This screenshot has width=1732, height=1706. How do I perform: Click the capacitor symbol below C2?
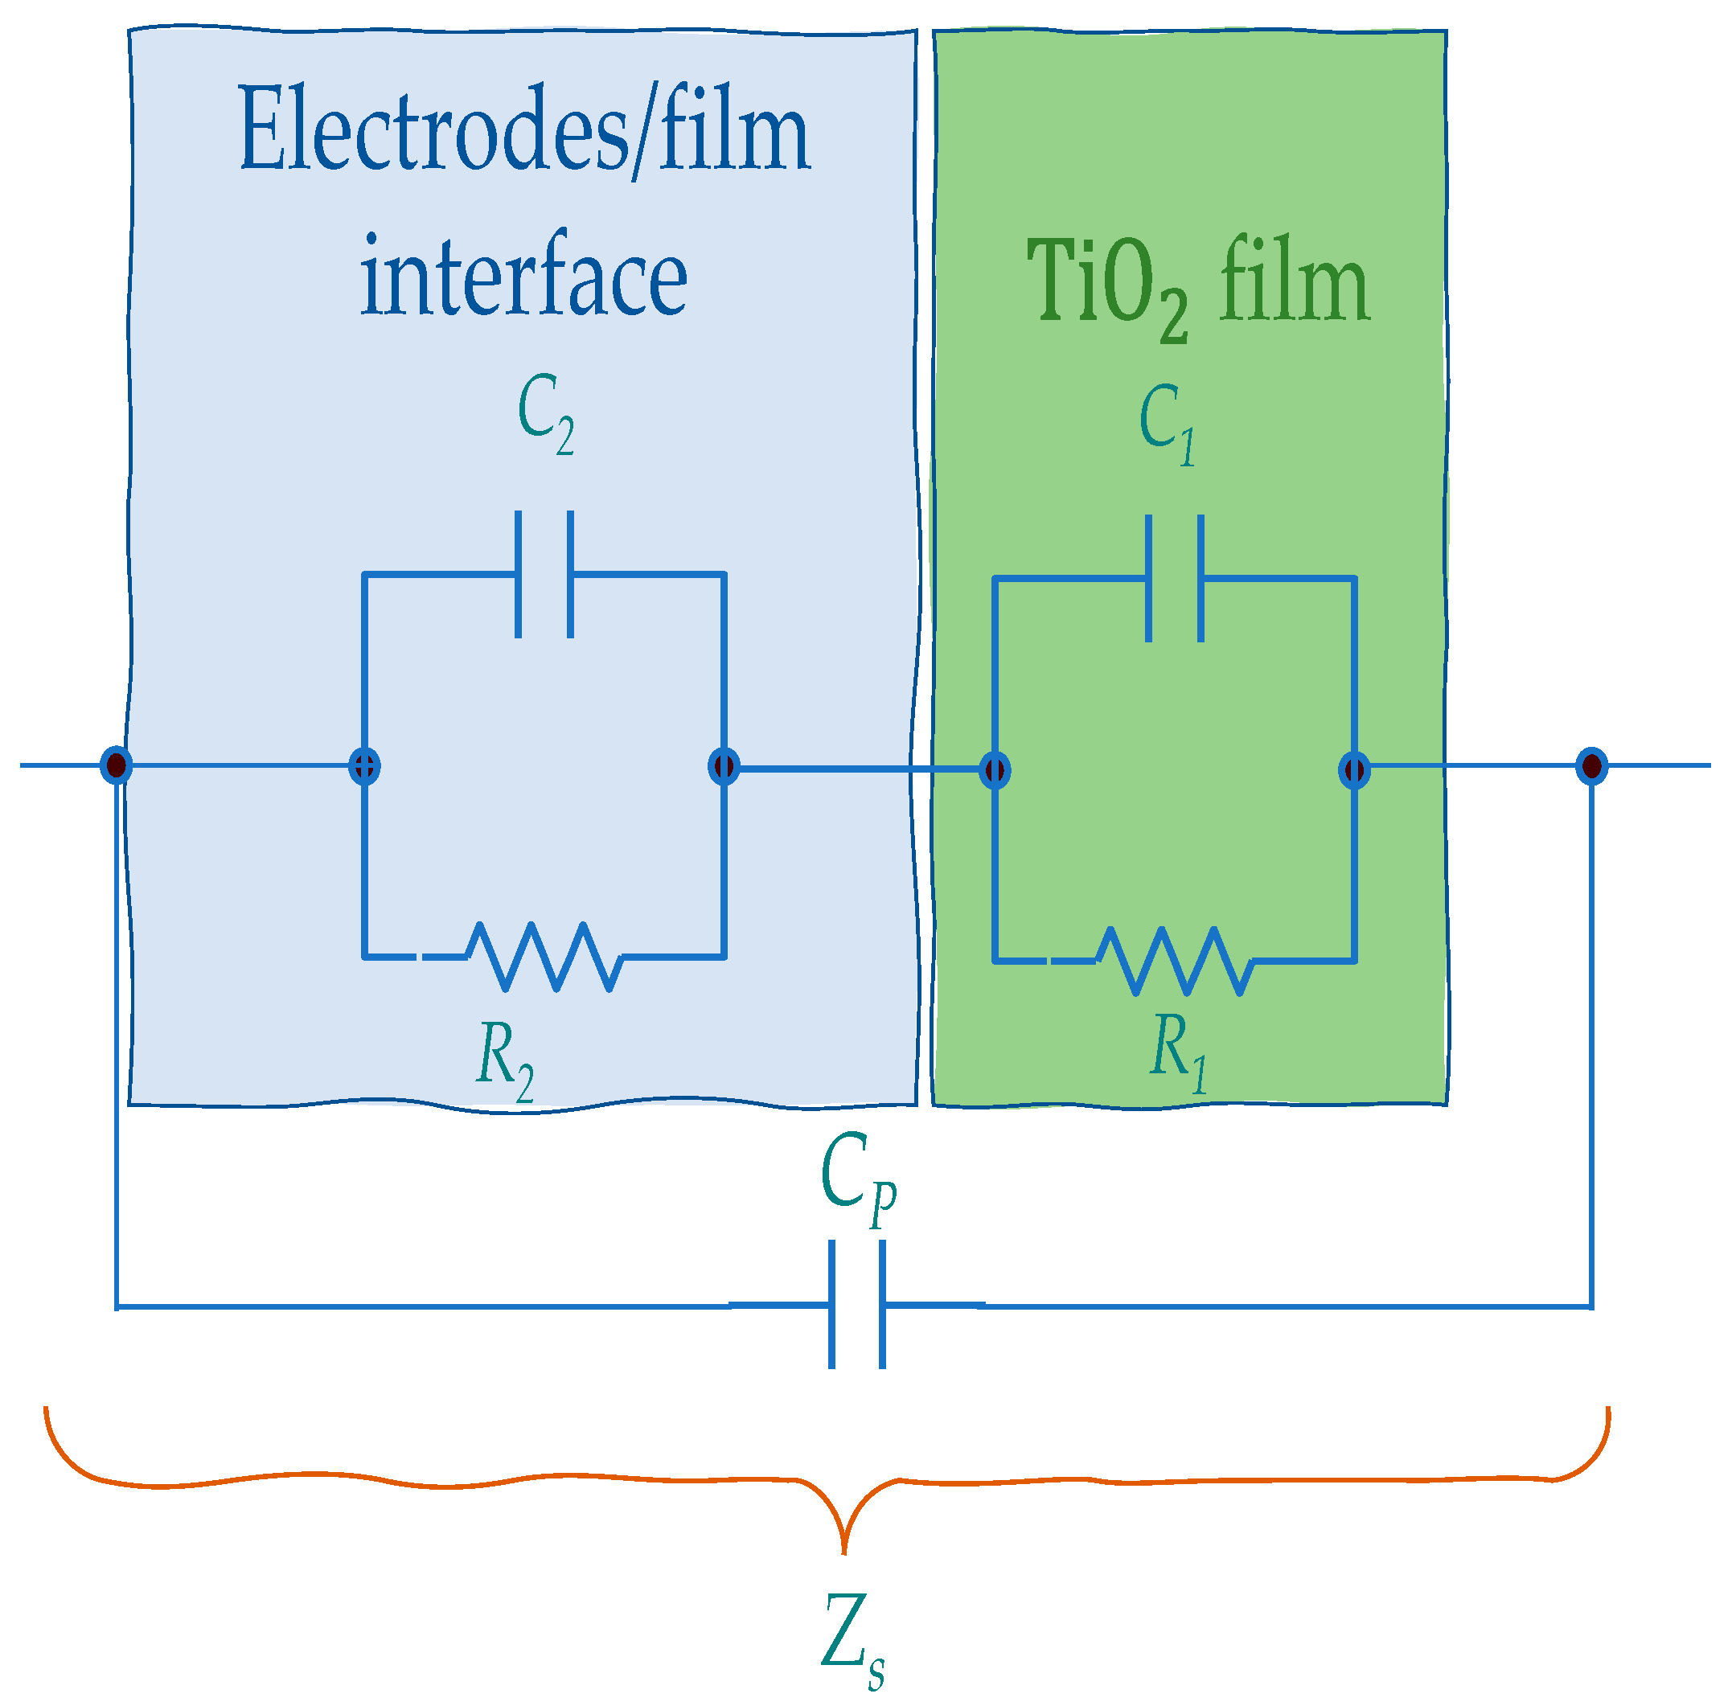tap(544, 574)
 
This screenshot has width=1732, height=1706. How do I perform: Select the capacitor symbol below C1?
tap(1175, 579)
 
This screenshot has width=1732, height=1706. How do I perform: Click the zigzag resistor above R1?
tap(1174, 961)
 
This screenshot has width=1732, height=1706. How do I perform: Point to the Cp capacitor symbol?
tap(856, 1305)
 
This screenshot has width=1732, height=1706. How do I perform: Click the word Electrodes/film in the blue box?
tap(524, 130)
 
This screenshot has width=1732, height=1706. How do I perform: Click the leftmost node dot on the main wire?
tap(117, 765)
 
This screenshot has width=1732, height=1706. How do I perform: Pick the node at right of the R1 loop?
tap(1353, 769)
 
